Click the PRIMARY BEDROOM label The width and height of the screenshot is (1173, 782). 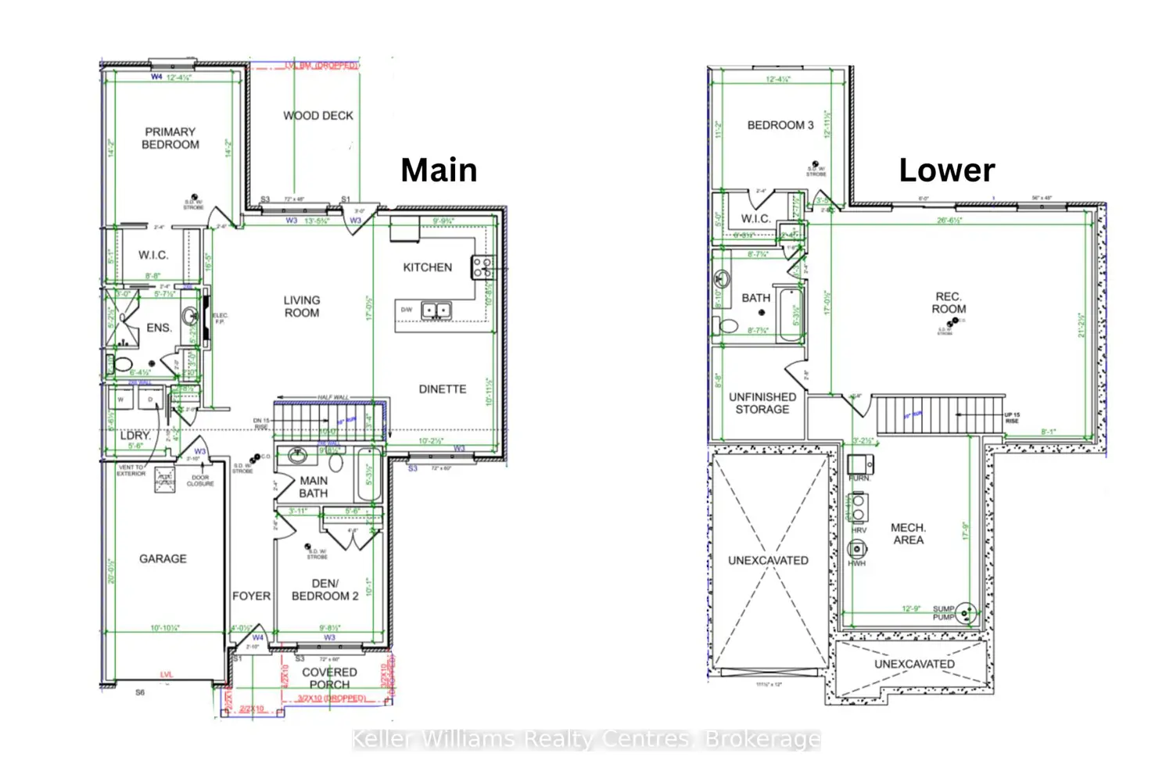(x=170, y=138)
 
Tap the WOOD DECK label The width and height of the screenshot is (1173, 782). (x=318, y=116)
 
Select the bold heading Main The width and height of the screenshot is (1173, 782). (x=439, y=170)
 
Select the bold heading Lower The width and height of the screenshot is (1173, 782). (x=946, y=170)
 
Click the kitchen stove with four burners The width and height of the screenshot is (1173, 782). (x=482, y=267)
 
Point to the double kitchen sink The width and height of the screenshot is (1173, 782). (x=436, y=310)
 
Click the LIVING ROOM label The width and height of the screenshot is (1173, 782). (x=302, y=307)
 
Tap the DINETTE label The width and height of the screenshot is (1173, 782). (x=443, y=389)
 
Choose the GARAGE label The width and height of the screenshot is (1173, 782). (x=163, y=559)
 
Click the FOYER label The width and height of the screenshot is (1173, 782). (x=251, y=596)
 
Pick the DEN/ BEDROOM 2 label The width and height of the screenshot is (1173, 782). (x=325, y=590)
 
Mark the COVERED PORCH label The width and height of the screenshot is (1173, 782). (x=329, y=678)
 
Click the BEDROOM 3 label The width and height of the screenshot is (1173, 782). (x=780, y=125)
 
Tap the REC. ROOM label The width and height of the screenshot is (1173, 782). (x=949, y=303)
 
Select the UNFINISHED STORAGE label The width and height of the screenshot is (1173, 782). (x=762, y=404)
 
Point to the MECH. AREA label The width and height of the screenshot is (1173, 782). (x=908, y=534)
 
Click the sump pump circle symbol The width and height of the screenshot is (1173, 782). (x=966, y=612)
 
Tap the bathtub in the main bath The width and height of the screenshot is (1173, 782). (x=369, y=474)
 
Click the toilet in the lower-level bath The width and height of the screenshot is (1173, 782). (x=728, y=325)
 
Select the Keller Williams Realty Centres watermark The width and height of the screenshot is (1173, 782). (x=586, y=739)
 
